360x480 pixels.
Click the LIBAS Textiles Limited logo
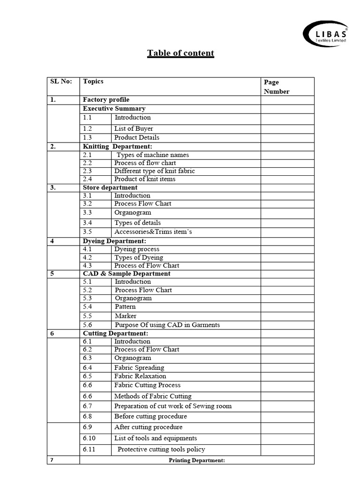coord(325,36)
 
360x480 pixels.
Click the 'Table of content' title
coord(180,53)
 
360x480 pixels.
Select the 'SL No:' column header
coord(61,81)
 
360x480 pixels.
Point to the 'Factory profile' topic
coord(106,99)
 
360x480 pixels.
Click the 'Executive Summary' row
coord(114,108)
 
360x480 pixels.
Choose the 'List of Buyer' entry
coord(134,128)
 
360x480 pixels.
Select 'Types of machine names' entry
coord(153,155)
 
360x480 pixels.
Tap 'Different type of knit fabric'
coord(154,171)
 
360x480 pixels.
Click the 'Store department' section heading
coord(110,187)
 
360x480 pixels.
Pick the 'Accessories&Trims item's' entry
coord(153,232)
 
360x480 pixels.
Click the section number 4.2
coord(88,257)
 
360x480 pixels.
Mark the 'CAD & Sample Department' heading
coord(127,273)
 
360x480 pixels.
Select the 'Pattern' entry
coord(125,307)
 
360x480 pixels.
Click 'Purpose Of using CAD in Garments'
coord(167,324)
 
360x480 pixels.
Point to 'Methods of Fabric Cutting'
coord(153,396)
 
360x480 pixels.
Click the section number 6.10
coord(90,438)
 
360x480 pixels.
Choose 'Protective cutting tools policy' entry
coord(161,450)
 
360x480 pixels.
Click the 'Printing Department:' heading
coord(197,460)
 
